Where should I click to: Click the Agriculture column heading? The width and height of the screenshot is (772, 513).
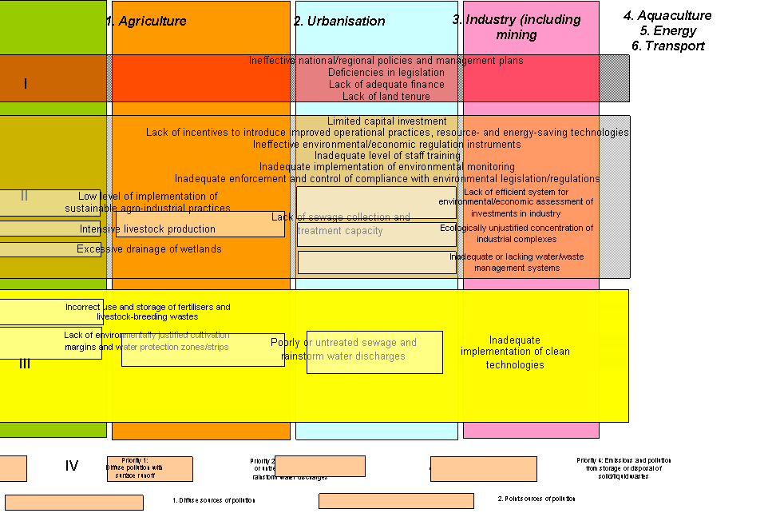(152, 22)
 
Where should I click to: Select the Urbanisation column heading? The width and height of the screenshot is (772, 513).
(339, 22)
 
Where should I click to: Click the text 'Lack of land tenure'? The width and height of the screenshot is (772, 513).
(386, 97)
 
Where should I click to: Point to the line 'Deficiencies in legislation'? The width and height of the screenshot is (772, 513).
(386, 73)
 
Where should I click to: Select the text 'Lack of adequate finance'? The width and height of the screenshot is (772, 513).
(386, 85)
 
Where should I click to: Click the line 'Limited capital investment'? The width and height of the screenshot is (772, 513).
(387, 121)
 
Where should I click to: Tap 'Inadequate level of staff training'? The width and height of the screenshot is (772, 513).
(387, 156)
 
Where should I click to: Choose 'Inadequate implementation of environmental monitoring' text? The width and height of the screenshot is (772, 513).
(387, 167)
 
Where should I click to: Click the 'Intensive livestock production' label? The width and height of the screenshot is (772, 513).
(148, 229)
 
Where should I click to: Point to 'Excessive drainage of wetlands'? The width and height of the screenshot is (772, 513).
(149, 249)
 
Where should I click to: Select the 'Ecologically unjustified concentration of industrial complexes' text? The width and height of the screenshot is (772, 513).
(517, 233)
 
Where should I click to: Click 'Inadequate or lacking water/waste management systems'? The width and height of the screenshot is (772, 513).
(517, 262)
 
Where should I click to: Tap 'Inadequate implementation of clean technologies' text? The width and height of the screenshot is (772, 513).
(515, 352)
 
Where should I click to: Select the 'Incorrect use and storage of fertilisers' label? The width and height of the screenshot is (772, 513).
(148, 312)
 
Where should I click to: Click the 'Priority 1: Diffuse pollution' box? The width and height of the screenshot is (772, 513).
(136, 468)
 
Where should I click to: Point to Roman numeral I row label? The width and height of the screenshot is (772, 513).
(26, 84)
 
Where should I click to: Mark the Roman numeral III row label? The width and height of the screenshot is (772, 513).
(25, 364)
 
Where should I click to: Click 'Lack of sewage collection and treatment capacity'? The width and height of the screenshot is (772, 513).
(341, 224)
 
